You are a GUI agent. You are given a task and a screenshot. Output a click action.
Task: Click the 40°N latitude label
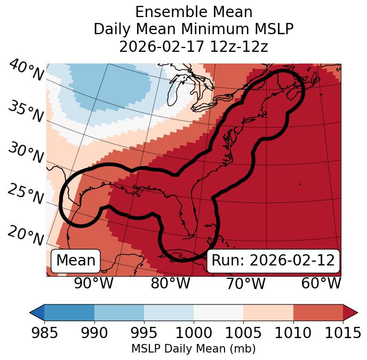(26, 71)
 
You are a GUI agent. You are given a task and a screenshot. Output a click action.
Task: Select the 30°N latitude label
(26, 153)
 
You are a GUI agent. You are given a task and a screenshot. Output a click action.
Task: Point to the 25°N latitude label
(26, 194)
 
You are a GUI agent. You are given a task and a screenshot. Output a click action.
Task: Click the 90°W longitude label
(94, 283)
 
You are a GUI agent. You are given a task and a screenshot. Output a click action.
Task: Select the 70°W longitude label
(246, 283)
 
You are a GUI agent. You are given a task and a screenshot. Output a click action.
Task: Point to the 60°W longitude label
(321, 283)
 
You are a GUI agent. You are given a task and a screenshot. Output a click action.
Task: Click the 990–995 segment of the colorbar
(119, 312)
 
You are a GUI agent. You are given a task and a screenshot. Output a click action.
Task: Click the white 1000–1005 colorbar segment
(218, 312)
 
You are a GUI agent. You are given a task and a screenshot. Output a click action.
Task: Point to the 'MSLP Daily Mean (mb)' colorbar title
(193, 349)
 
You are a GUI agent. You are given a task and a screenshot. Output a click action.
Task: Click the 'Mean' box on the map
(76, 261)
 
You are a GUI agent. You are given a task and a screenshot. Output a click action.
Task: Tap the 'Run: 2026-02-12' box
(273, 261)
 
